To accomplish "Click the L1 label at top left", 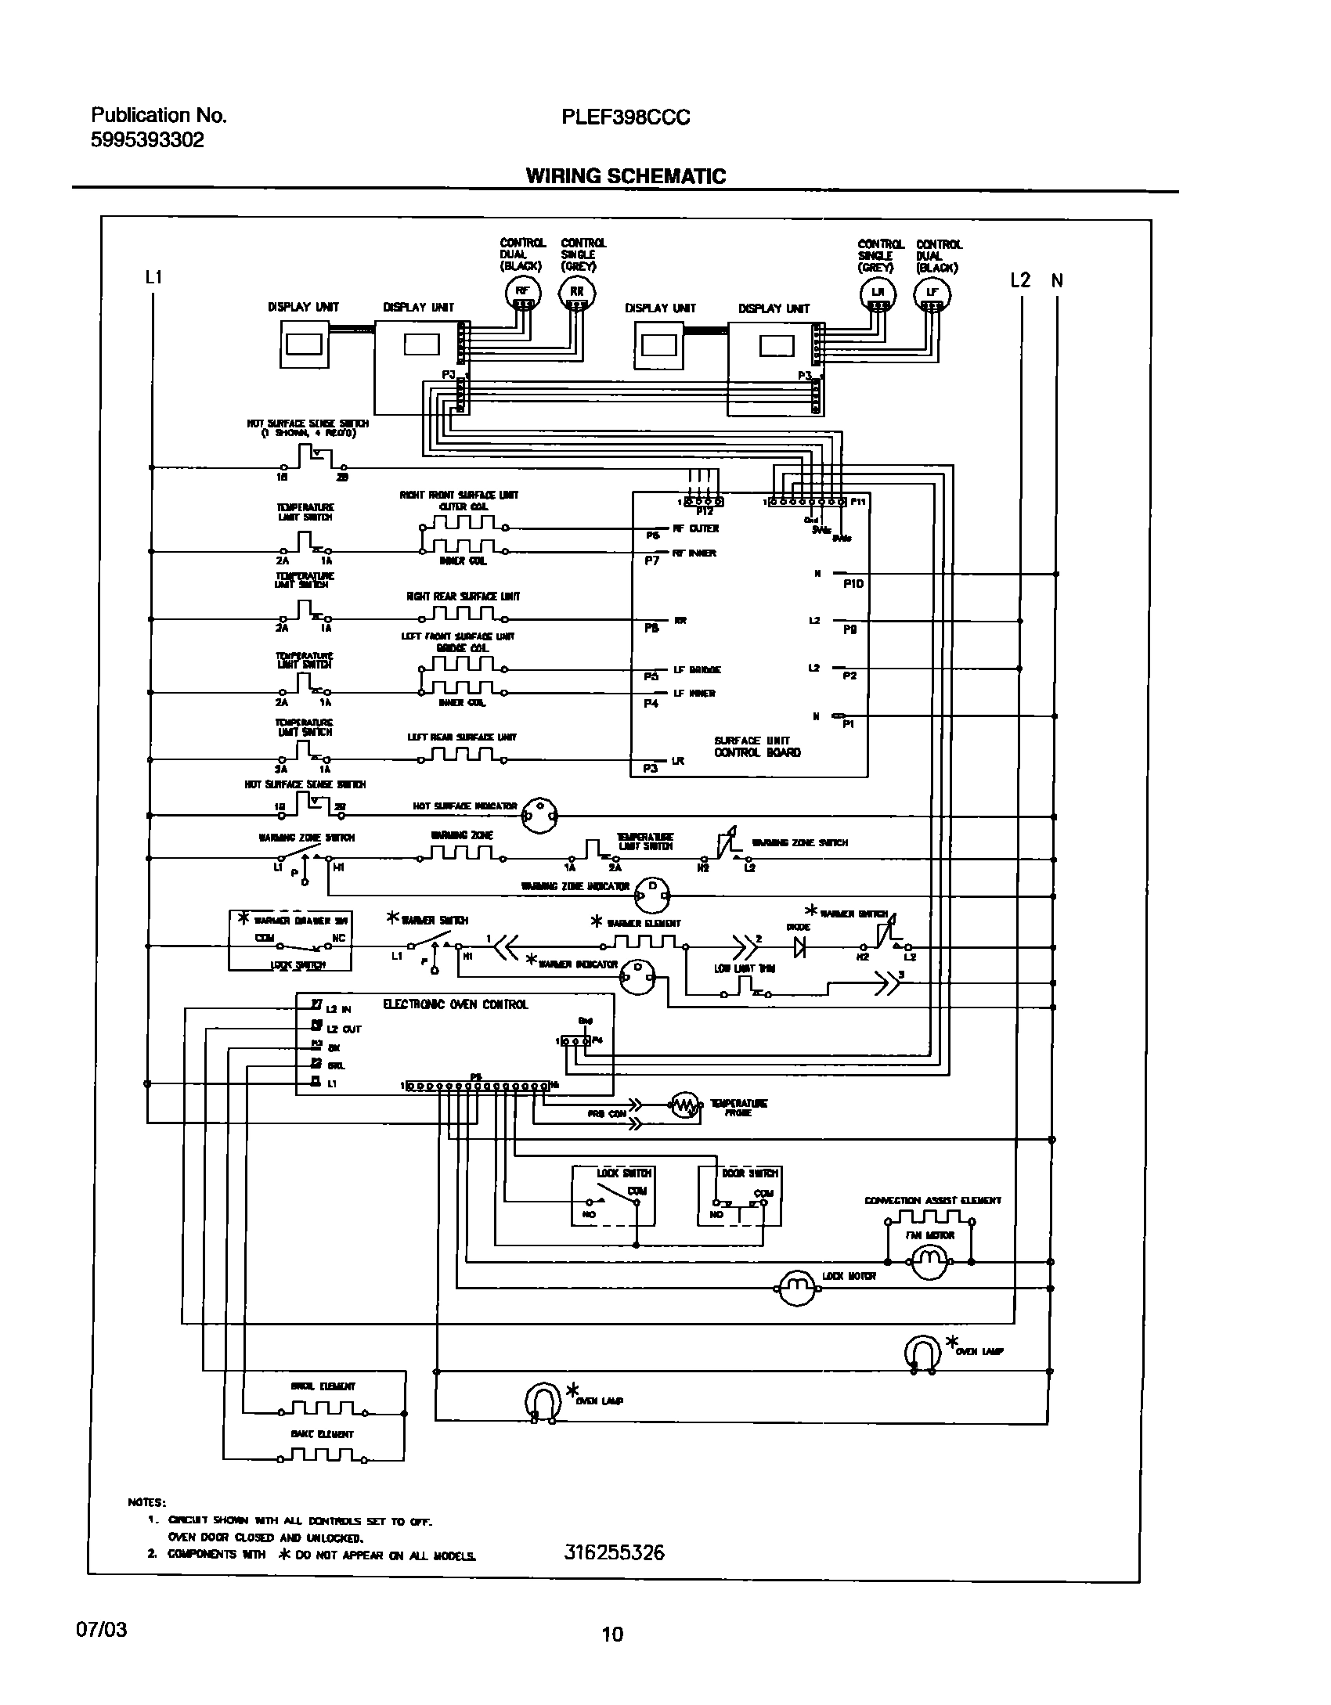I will pyautogui.click(x=153, y=277).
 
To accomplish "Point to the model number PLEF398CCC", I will pyautogui.click(x=626, y=117).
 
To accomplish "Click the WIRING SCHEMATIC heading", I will pyautogui.click(x=626, y=176).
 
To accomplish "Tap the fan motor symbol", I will pyautogui.click(x=929, y=1260).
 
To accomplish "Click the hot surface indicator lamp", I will pyautogui.click(x=540, y=815).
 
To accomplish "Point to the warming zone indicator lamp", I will pyautogui.click(x=651, y=892).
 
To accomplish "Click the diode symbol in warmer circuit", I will pyautogui.click(x=800, y=947).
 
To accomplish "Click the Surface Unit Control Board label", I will pyautogui.click(x=757, y=746).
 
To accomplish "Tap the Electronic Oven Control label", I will pyautogui.click(x=455, y=1004).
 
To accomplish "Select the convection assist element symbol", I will pyautogui.click(x=929, y=1217).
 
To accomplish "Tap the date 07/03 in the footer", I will pyautogui.click(x=100, y=1629).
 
